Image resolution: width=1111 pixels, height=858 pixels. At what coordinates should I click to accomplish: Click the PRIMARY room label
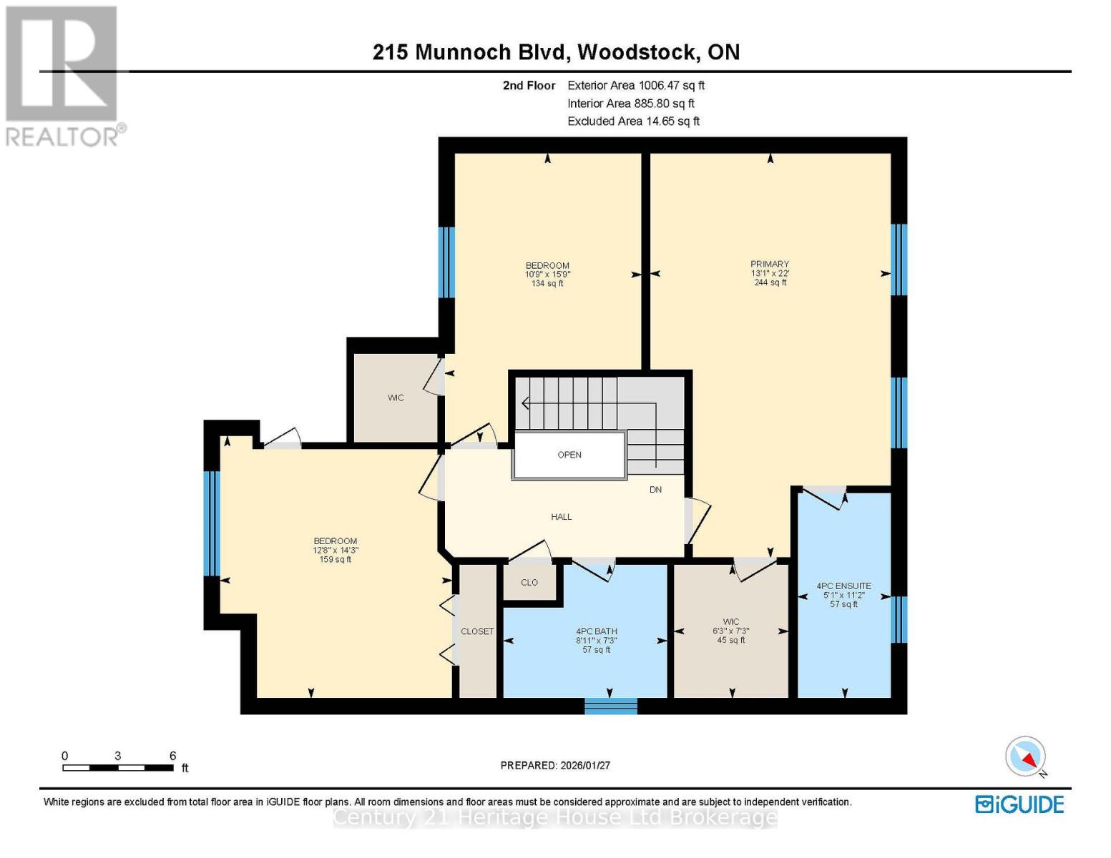770,264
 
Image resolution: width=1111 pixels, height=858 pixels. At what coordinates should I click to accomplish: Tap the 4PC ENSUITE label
843,586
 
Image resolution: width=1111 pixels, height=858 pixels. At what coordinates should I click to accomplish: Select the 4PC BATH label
596,631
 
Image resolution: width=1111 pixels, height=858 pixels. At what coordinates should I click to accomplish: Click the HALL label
561,517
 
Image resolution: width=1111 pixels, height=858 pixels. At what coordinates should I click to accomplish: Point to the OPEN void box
569,455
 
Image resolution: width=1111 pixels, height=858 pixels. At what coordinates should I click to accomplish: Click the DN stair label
655,490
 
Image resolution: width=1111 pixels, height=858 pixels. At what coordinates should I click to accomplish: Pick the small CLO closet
529,583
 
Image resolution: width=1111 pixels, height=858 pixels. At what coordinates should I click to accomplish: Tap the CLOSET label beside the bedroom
477,631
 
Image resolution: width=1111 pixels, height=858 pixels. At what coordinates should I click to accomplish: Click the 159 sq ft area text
335,560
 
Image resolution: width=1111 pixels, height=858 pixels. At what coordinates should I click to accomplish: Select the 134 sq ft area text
547,284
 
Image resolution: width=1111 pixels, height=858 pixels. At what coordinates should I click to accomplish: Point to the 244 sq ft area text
770,282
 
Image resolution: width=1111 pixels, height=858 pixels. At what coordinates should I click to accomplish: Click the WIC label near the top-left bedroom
396,398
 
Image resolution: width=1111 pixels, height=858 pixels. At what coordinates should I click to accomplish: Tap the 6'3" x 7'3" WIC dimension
730,631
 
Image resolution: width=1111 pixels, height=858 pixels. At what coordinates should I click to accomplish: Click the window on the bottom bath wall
610,706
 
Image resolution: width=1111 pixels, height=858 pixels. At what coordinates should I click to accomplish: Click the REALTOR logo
63,75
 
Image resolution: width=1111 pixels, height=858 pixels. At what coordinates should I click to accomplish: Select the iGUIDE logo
1019,804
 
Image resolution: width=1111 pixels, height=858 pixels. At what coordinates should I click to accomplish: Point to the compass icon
1026,756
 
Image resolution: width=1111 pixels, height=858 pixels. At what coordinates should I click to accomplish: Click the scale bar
118,768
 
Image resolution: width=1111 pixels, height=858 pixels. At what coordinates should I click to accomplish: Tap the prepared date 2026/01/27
555,765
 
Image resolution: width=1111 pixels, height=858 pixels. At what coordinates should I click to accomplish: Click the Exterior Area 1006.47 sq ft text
635,85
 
